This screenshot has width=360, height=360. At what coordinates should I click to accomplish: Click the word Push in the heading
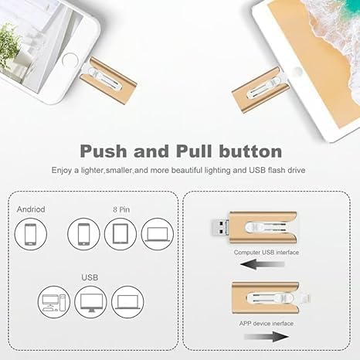coord(109,150)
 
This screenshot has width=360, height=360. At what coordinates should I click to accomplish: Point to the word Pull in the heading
coord(185,150)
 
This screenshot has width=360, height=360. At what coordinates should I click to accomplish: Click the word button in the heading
coord(243,150)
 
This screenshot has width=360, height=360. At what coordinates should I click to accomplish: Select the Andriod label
coord(31,209)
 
